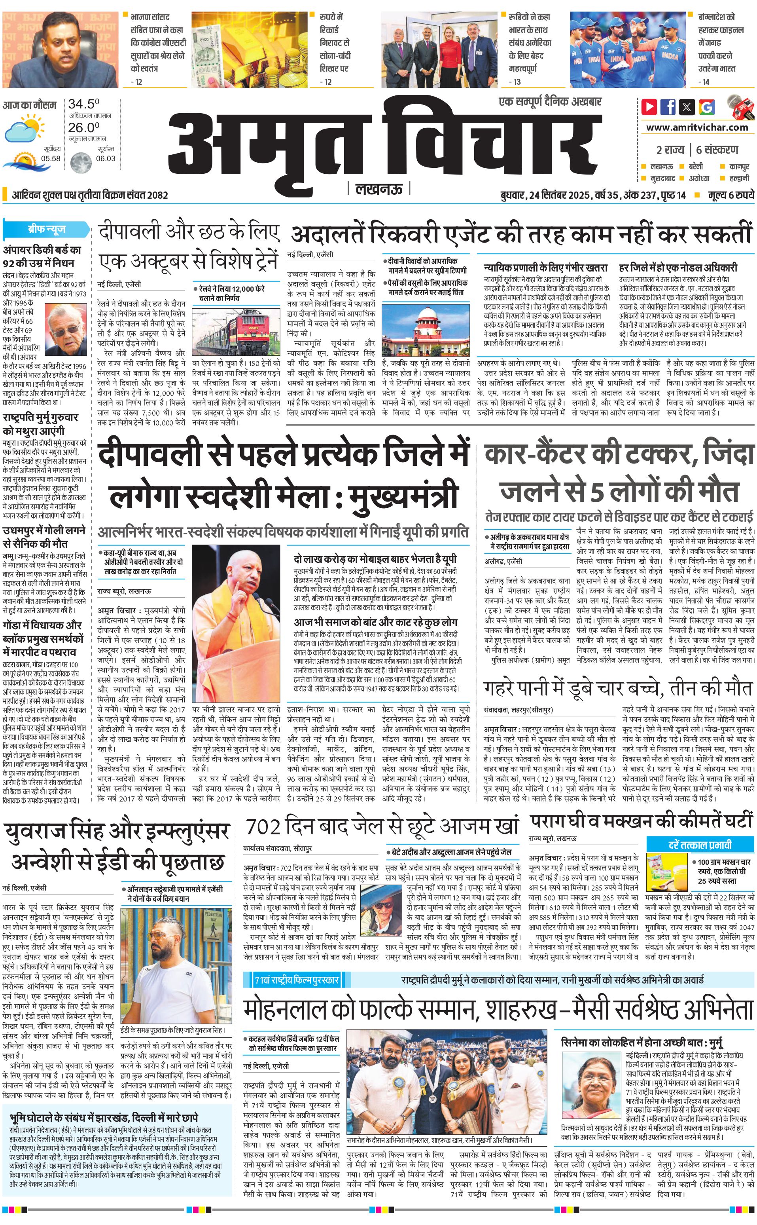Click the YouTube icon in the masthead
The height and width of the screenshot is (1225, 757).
tap(649, 107)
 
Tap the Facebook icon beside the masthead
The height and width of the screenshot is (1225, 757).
tap(668, 107)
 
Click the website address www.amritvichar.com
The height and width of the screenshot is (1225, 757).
tap(697, 127)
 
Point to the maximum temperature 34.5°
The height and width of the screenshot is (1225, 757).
tap(83, 104)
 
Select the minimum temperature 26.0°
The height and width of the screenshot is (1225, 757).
tap(83, 127)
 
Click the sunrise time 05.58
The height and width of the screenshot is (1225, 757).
tap(51, 159)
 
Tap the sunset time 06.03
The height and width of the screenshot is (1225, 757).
tap(105, 159)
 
